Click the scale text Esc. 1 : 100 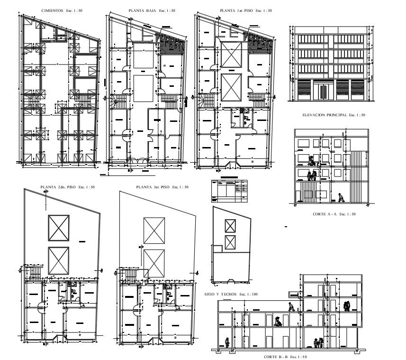(x=248, y=295)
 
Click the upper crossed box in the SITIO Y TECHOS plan (x=231, y=226)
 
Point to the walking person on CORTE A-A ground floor (x=341, y=197)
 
